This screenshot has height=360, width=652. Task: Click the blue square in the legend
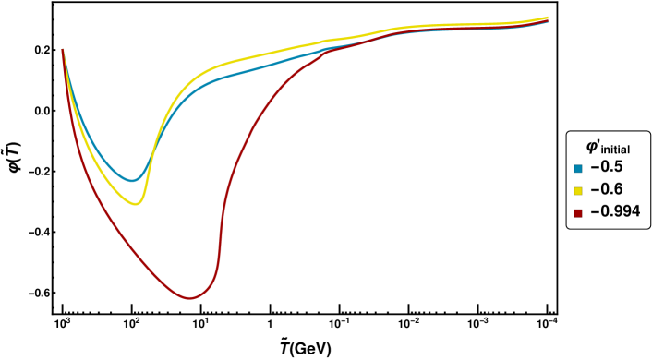578,169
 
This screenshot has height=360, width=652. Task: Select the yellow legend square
578,191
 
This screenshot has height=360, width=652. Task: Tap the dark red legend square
578,213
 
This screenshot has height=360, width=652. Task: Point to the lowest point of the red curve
189,298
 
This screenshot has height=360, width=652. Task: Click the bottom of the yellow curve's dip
136,204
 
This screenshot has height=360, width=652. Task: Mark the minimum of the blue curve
132,180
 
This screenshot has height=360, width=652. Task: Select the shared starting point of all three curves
63,50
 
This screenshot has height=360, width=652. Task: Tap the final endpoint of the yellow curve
548,17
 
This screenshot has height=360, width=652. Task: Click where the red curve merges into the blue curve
329,50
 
